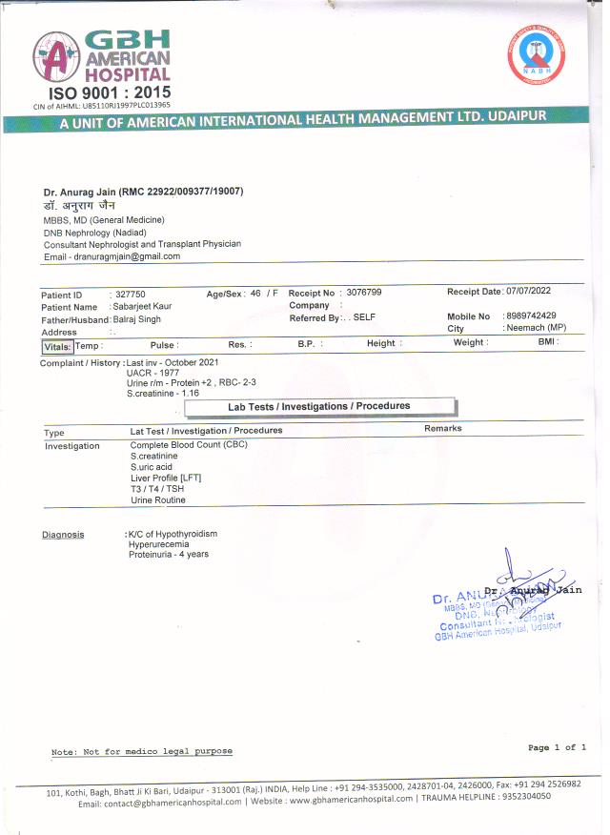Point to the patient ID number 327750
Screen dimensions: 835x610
click(130, 295)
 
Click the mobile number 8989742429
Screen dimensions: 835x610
click(532, 316)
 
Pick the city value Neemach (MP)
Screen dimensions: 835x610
click(536, 328)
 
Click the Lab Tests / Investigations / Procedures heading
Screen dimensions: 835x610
click(319, 407)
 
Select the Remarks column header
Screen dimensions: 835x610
click(443, 429)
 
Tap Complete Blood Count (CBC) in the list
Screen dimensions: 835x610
click(188, 445)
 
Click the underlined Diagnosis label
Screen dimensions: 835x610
click(63, 535)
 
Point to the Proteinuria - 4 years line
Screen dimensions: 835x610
click(169, 554)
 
